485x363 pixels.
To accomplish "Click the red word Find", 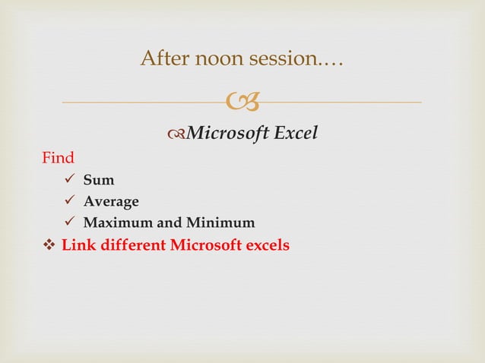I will pyautogui.click(x=58, y=158).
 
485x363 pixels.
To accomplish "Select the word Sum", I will pyautogui.click(x=99, y=181).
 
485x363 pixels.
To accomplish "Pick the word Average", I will pyautogui.click(x=111, y=202).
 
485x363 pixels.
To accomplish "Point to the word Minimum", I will pyautogui.click(x=221, y=223).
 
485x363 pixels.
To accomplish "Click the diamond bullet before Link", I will pyautogui.click(x=48, y=246).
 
